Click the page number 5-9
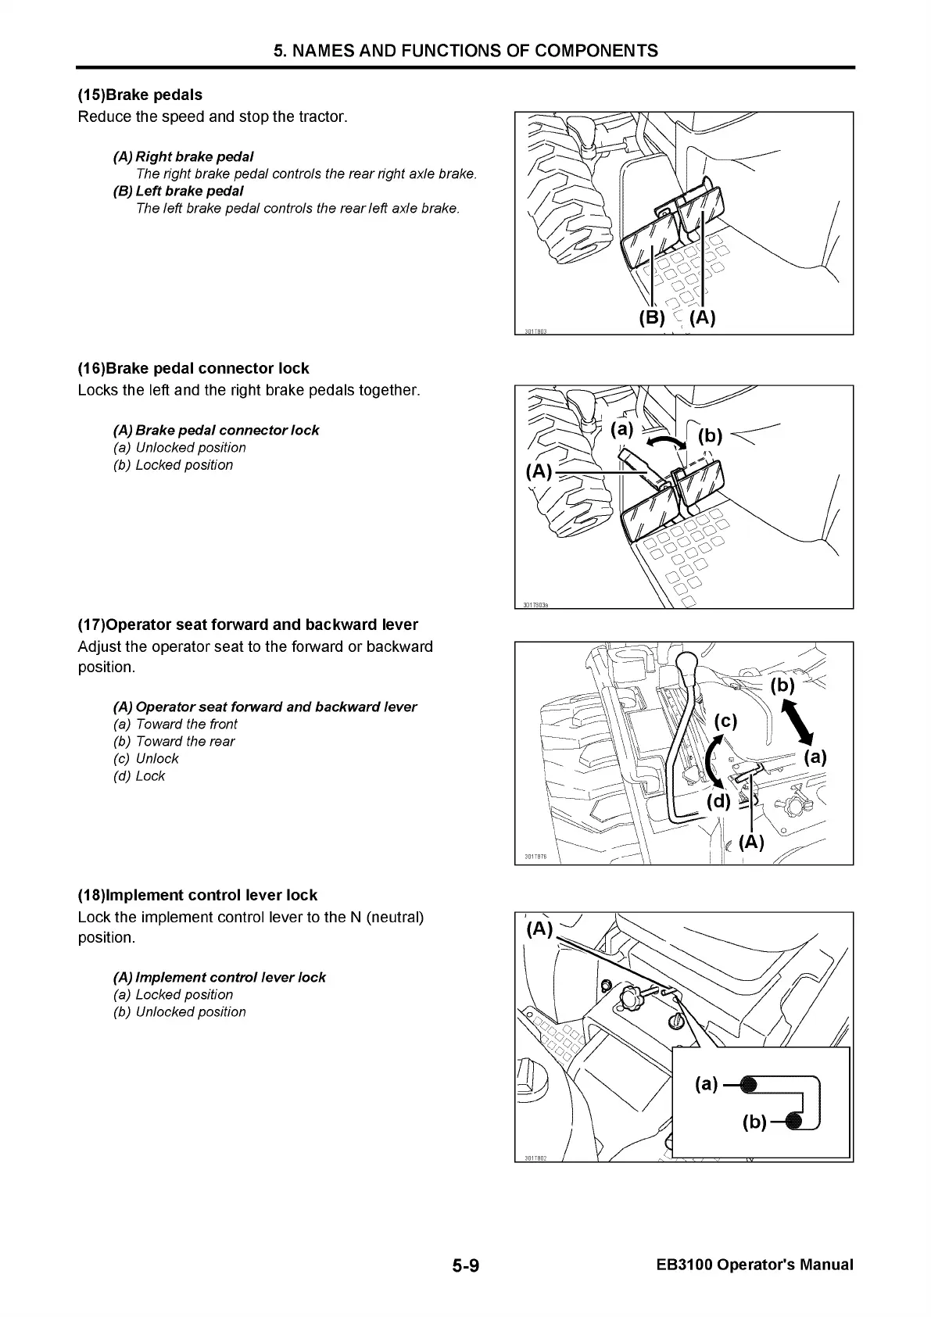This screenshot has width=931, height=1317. coord(464,1265)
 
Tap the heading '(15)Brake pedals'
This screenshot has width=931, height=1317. coord(140,95)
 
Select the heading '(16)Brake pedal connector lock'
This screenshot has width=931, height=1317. coord(193,368)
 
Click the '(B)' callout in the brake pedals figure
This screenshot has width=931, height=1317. coord(651,317)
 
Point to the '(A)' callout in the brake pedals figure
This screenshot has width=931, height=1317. coord(703,317)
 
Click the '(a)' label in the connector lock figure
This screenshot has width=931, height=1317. coord(622,429)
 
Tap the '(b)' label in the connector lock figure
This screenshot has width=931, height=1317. coord(710,435)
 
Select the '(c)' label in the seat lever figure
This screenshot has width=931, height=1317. coord(725,721)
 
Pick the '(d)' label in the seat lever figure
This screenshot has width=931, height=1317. coord(718,801)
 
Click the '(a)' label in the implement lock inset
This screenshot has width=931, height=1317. coord(706,1083)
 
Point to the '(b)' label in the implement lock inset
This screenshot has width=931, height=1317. coord(754,1122)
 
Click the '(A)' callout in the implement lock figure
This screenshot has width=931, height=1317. coord(539,929)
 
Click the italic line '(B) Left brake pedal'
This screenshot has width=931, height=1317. coord(178,191)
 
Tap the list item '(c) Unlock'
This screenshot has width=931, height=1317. coord(146,758)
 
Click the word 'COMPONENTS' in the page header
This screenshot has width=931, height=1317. coord(598,51)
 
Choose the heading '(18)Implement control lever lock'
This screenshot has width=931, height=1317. coord(197,895)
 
